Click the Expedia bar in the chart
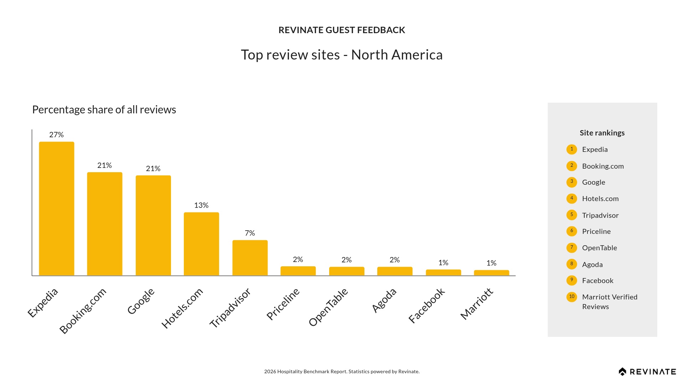click(x=57, y=209)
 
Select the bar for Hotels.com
click(x=201, y=244)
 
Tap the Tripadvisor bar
click(x=250, y=258)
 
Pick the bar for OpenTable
click(x=347, y=271)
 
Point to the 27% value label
click(x=56, y=135)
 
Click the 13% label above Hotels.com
click(x=201, y=205)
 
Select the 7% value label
click(x=250, y=233)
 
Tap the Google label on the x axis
click(x=141, y=301)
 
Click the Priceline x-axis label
click(x=283, y=304)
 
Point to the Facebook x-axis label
click(x=427, y=306)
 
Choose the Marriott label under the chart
click(x=477, y=304)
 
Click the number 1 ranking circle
click(x=572, y=149)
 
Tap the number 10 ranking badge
click(x=572, y=297)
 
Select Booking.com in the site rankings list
click(x=603, y=166)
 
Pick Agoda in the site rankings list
click(x=592, y=265)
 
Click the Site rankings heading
click(x=602, y=133)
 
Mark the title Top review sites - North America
click(x=342, y=55)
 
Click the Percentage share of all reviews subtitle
click(x=104, y=110)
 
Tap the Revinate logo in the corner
click(x=647, y=372)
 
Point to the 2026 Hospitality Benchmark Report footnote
click(x=342, y=371)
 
